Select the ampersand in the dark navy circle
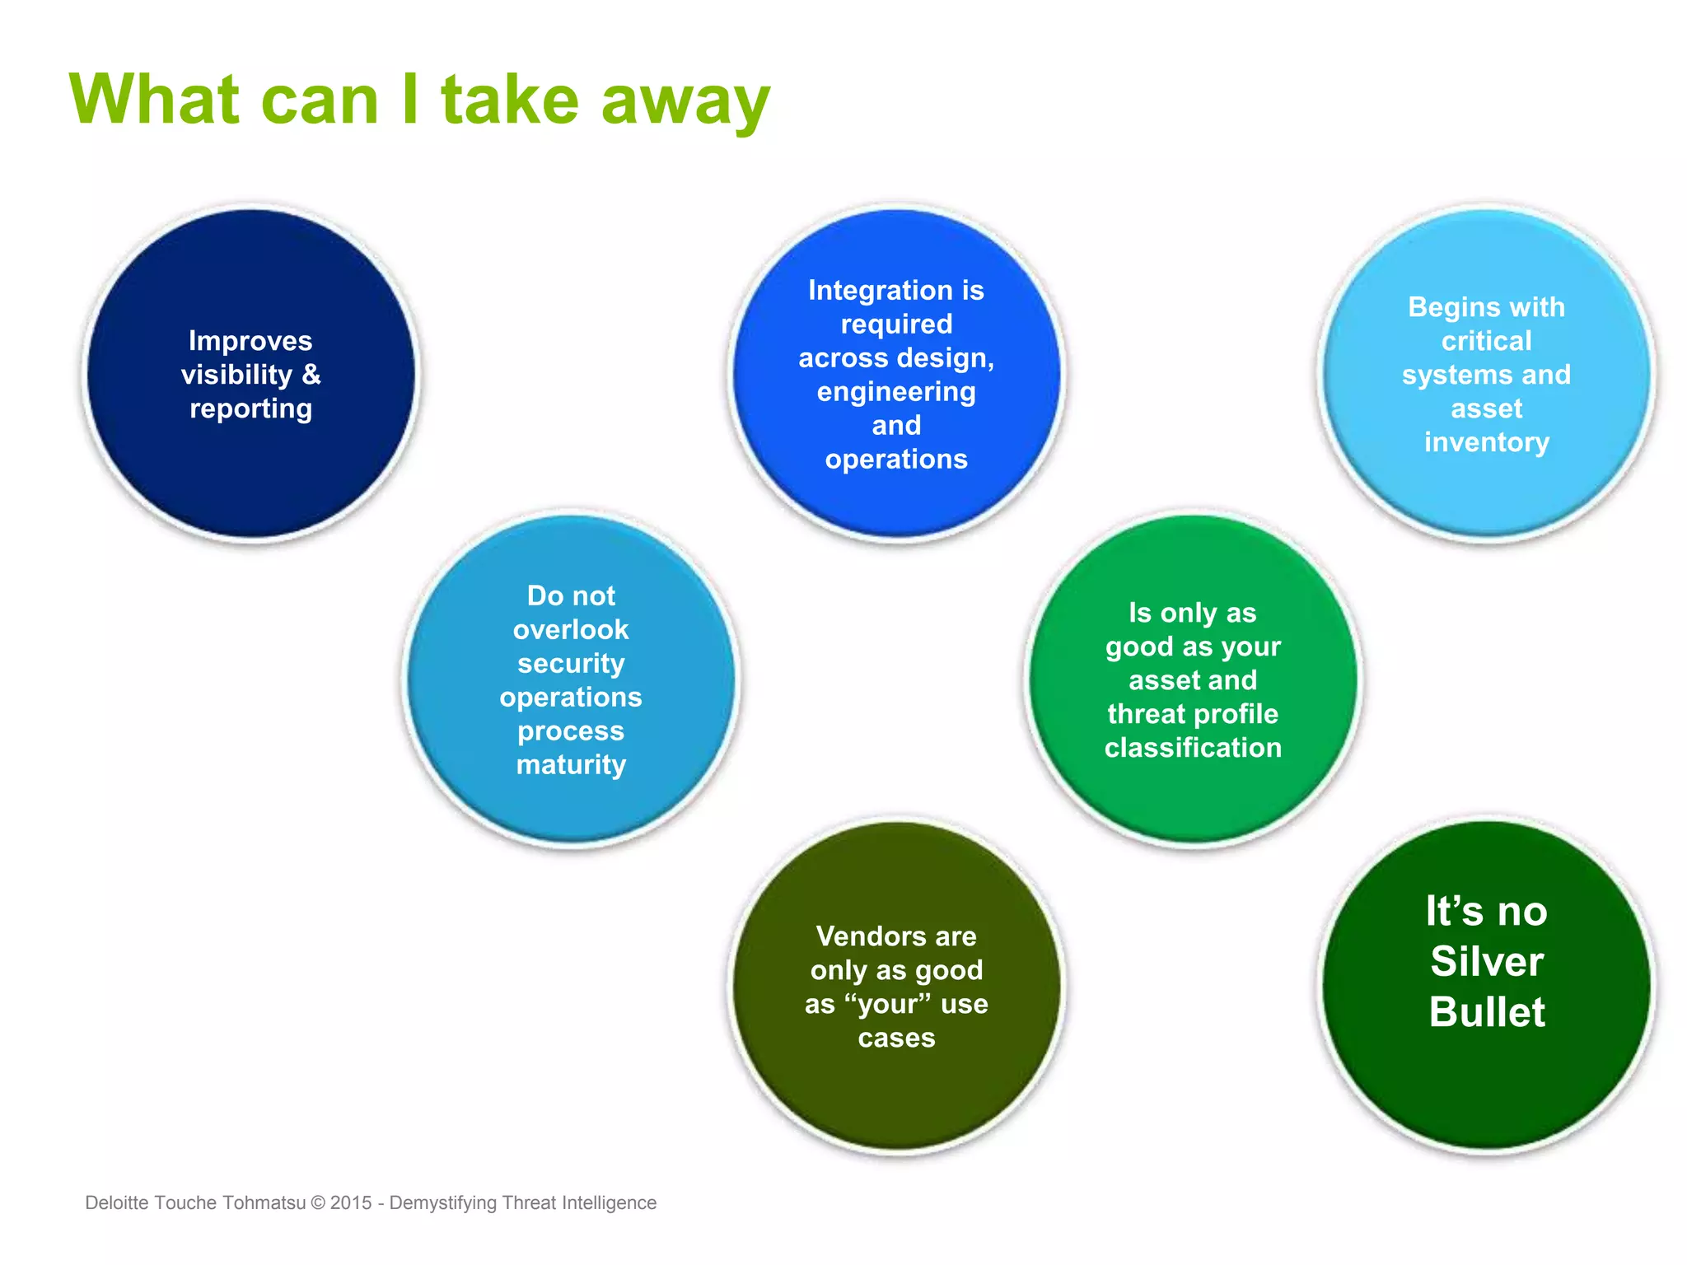[311, 375]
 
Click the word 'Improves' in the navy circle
[250, 341]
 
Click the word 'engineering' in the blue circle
[896, 392]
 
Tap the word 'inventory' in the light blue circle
[1486, 443]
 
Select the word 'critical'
[1486, 341]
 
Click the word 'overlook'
[570, 630]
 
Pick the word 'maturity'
[570, 765]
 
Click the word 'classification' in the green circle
[1193, 748]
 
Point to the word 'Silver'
[1486, 962]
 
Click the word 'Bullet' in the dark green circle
[1486, 1012]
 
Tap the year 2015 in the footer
[351, 1202]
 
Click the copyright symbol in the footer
[317, 1202]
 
